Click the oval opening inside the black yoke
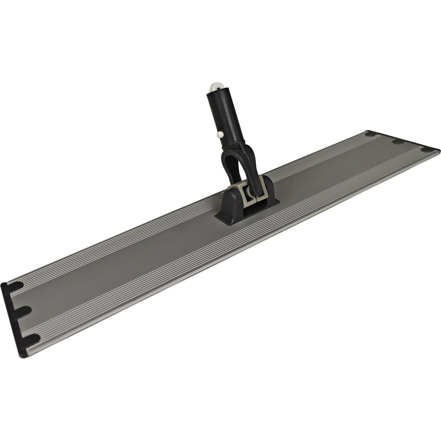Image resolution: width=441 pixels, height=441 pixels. [233, 168]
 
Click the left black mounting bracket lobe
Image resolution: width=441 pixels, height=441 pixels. [227, 204]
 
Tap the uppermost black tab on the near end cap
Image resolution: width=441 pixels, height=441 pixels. [16, 286]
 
